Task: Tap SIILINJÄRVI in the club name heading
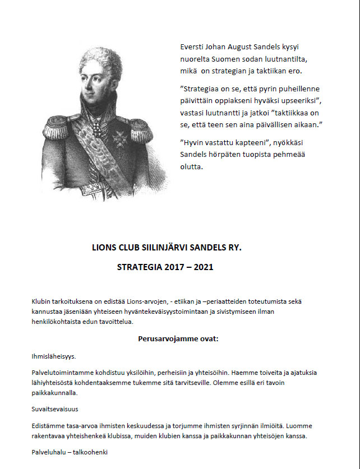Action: coord(163,247)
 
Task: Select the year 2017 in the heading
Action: coord(175,267)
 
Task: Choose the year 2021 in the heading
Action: coord(203,267)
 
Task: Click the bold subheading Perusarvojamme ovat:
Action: coord(178,339)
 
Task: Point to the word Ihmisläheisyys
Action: coord(54,356)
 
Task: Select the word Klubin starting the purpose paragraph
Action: coord(41,301)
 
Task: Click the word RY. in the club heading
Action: coord(233,247)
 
